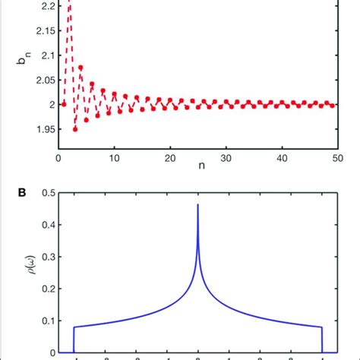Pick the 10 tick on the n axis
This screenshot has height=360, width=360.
coord(114,158)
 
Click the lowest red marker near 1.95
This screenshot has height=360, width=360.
coord(75,129)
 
